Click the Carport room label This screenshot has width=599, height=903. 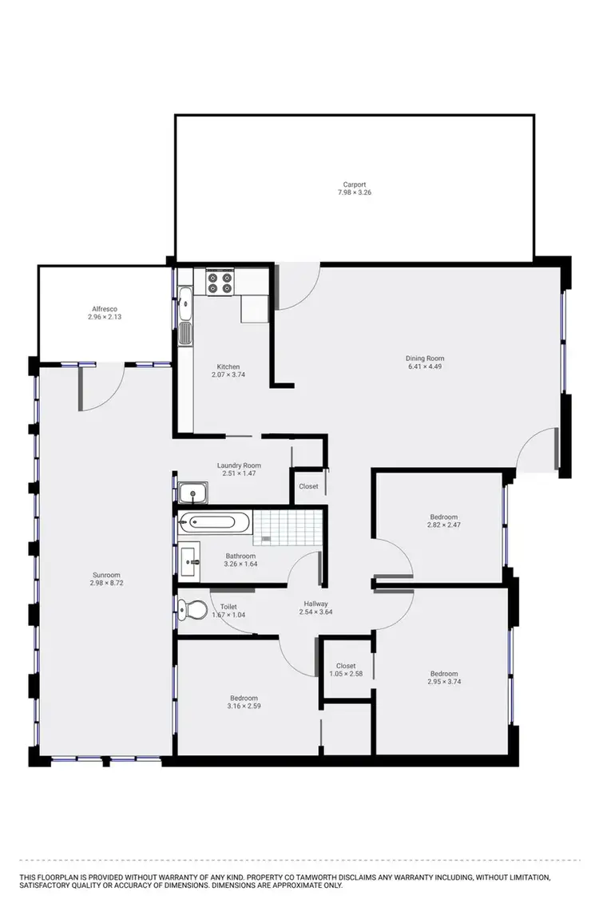tap(354, 184)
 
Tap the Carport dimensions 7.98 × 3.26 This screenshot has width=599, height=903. tap(354, 192)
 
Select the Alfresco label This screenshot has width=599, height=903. tap(105, 309)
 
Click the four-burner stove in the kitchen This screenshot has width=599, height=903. tap(220, 283)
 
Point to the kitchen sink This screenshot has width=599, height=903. tap(185, 303)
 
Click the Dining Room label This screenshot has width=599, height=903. tap(425, 358)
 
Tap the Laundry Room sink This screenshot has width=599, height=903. tap(192, 494)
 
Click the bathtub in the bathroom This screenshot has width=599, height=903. tap(208, 523)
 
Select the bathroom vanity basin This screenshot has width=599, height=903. tap(191, 560)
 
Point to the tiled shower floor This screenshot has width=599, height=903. tap(288, 525)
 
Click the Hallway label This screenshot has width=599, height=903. tap(316, 604)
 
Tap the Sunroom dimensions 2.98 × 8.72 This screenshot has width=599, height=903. tap(105, 583)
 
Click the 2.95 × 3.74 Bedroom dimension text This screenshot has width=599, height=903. tap(443, 682)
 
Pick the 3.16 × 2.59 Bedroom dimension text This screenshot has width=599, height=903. tap(244, 706)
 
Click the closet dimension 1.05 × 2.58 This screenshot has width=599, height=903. tap(346, 674)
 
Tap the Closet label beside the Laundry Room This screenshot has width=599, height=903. tap(308, 486)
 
